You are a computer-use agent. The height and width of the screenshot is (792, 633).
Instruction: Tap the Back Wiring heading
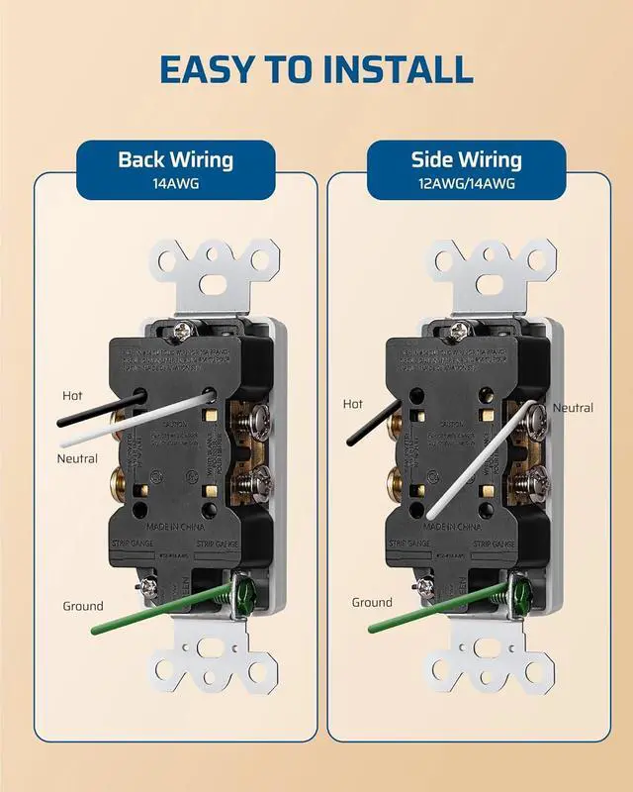tap(175, 159)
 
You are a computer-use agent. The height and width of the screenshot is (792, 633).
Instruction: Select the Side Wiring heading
tap(467, 159)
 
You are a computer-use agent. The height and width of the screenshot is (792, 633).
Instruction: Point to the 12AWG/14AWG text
tap(467, 183)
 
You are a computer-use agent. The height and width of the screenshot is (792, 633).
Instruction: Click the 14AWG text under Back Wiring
tap(175, 183)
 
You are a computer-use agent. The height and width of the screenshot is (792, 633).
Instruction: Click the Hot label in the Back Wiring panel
tap(72, 395)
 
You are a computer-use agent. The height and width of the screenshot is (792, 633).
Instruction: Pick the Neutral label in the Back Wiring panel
tap(77, 458)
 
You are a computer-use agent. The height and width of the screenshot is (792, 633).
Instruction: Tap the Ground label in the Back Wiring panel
tap(83, 606)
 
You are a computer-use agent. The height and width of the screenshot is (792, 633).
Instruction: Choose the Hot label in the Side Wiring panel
tap(353, 404)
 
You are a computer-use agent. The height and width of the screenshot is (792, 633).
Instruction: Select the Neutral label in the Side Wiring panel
tap(573, 408)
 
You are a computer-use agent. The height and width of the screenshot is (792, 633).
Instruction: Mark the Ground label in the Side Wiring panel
tap(372, 602)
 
